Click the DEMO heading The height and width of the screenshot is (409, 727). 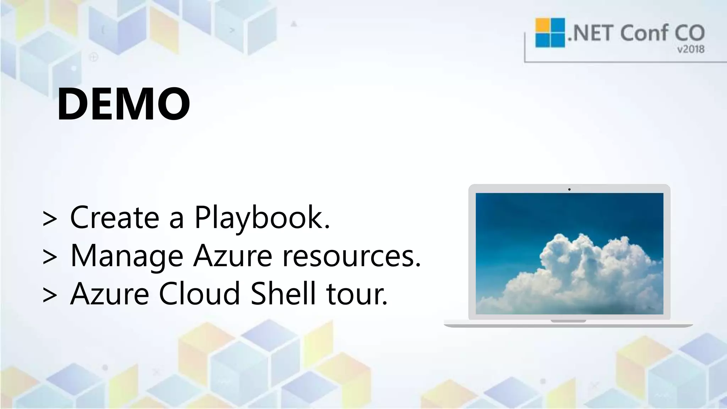coord(123,104)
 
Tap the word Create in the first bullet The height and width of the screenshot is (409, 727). coord(114,217)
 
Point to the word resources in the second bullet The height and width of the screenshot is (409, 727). coord(351,256)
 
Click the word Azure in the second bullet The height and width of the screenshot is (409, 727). coord(233,256)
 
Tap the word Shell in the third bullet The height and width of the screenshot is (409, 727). coord(283,294)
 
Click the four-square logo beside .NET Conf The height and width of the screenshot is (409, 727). coord(550,33)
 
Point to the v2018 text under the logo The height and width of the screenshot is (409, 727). coord(690,49)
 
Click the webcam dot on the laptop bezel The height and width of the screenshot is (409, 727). coord(569,189)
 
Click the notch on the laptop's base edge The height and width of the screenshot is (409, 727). coord(568,321)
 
